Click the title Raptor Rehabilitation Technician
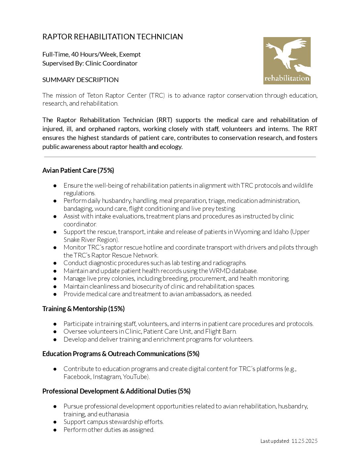coord(112,37)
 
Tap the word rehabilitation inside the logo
coord(287,78)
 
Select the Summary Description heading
coord(80,80)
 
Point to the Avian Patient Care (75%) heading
coord(78,170)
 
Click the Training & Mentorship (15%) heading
coord(83,309)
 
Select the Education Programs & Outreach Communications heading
coord(121,354)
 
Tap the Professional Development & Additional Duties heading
coord(116,391)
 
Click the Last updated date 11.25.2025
coord(304,441)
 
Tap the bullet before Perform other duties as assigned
coord(55,430)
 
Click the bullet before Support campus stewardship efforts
coord(55,422)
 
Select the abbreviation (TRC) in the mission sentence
coord(157,95)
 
